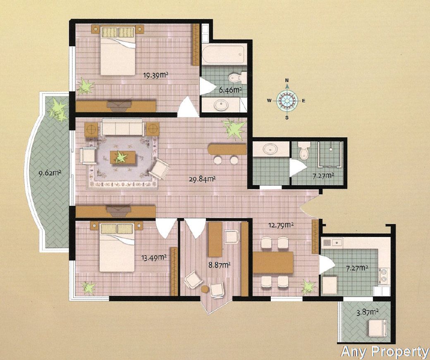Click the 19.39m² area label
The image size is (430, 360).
(155, 75)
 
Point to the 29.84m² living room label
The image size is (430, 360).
(202, 179)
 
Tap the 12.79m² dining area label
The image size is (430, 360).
(281, 225)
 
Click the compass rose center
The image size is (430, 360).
(287, 101)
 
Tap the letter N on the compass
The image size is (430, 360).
(287, 80)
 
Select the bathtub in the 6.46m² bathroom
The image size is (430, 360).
(223, 54)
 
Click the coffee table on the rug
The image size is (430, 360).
(122, 158)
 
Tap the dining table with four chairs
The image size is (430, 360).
(273, 262)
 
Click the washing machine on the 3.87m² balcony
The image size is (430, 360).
(377, 328)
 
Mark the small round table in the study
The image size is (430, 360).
(205, 289)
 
